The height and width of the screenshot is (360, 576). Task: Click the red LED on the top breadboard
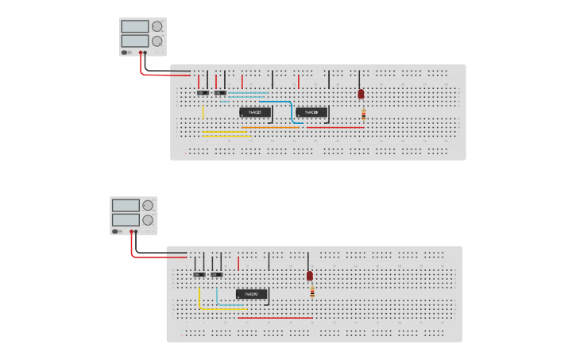[x=361, y=94]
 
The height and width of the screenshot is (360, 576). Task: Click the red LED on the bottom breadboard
[x=310, y=276]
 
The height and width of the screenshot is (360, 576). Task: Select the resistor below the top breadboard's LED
[x=363, y=114]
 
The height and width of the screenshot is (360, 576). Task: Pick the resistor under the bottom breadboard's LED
[x=312, y=293]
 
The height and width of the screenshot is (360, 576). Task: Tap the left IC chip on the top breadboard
[x=256, y=113]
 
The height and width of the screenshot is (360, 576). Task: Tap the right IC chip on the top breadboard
[x=312, y=113]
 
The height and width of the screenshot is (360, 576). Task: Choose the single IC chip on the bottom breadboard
[x=252, y=294]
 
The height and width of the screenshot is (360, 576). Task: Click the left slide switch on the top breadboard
[x=203, y=93]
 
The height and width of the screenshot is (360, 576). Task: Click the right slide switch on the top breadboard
[x=220, y=93]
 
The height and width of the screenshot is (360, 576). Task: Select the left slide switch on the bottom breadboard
[x=199, y=274]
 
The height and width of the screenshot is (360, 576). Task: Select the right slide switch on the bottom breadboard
[x=216, y=274]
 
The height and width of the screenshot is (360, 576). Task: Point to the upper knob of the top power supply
[x=157, y=26]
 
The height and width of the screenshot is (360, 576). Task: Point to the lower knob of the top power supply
[x=157, y=41]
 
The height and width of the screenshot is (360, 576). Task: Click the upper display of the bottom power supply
[x=126, y=205]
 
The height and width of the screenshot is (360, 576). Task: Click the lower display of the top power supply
[x=134, y=41]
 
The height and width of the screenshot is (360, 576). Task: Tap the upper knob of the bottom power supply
[x=148, y=205]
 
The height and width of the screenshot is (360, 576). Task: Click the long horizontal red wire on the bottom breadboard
[x=275, y=318]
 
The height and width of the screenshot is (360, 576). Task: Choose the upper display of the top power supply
[x=134, y=26]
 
